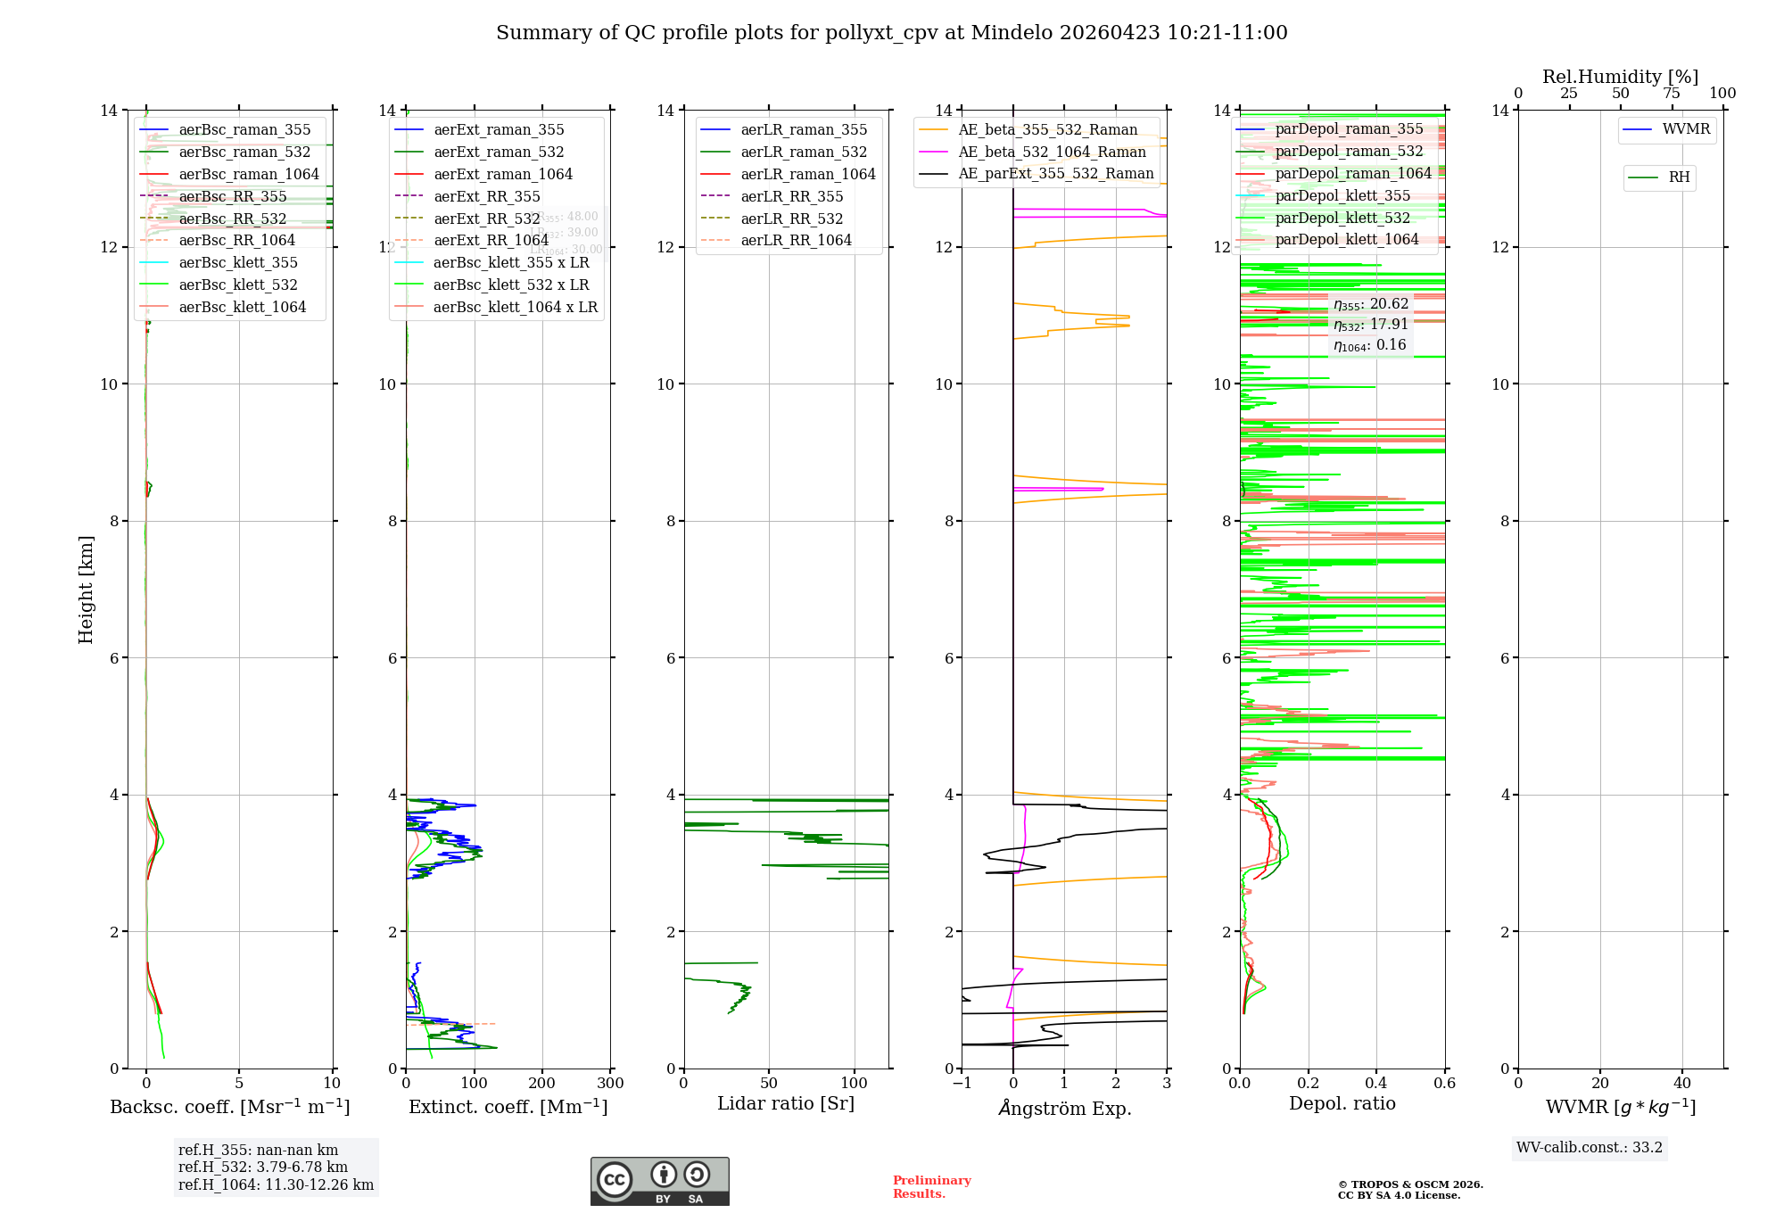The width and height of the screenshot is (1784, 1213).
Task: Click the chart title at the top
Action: pyautogui.click(x=891, y=33)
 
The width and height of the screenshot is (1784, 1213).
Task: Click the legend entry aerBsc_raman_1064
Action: pyautogui.click(x=248, y=174)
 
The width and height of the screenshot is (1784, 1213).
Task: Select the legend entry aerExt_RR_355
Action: pyautogui.click(x=486, y=196)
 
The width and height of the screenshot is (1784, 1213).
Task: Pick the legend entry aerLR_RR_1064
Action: pyautogui.click(x=796, y=240)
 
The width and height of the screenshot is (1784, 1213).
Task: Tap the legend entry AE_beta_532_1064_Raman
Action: pyautogui.click(x=1052, y=152)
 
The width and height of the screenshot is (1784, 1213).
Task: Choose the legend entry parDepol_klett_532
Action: pyautogui.click(x=1342, y=218)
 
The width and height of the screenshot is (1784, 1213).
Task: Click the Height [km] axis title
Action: pyautogui.click(x=86, y=589)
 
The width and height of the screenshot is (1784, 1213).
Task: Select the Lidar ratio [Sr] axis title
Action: pyautogui.click(x=786, y=1103)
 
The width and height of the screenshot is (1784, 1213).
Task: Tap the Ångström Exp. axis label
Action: pyautogui.click(x=1064, y=1108)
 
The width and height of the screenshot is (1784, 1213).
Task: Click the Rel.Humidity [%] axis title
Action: pyautogui.click(x=1620, y=77)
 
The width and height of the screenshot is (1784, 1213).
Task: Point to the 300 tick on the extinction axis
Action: pyautogui.click(x=610, y=1084)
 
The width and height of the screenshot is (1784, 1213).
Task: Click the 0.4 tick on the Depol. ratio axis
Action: pyautogui.click(x=1376, y=1084)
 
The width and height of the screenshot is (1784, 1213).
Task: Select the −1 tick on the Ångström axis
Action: pyautogui.click(x=962, y=1084)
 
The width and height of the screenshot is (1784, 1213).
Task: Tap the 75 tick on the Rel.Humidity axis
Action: pyautogui.click(x=1672, y=94)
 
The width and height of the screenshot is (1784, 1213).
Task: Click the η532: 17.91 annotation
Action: pyautogui.click(x=1370, y=325)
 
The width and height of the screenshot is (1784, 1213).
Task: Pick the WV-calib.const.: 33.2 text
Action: pyautogui.click(x=1590, y=1147)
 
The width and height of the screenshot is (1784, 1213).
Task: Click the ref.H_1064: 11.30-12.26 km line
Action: pyautogui.click(x=276, y=1184)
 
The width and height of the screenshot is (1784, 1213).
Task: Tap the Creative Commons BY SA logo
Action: pyautogui.click(x=660, y=1181)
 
